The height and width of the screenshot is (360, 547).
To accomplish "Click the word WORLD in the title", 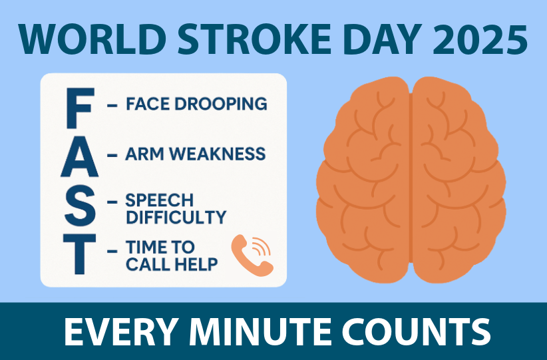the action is pos(92,39).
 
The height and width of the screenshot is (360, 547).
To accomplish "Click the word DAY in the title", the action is pos(382,39).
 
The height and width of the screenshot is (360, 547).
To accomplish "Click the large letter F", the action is pos(80,108).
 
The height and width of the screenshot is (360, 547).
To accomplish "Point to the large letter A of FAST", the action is pos(80,156).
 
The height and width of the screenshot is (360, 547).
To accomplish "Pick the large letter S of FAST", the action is pos(80,206).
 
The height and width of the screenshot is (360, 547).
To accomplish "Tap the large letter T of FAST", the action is pos(80,254).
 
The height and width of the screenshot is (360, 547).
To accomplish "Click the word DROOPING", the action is pos(220,104).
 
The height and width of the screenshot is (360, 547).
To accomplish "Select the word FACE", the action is pos(148,104).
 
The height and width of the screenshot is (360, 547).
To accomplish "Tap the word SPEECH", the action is pos(160,200).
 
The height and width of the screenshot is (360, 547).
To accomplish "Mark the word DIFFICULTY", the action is pos(176,217).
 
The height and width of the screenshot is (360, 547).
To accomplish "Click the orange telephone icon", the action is pos(252,256).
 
